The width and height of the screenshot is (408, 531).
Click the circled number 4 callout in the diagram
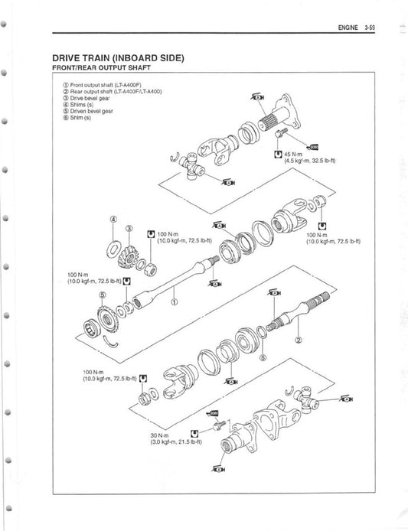tap(113, 219)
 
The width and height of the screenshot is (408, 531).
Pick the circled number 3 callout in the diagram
tap(129, 229)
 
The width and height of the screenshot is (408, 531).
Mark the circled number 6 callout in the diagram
tap(263, 356)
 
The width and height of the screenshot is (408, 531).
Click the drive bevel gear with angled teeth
tap(135, 257)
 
